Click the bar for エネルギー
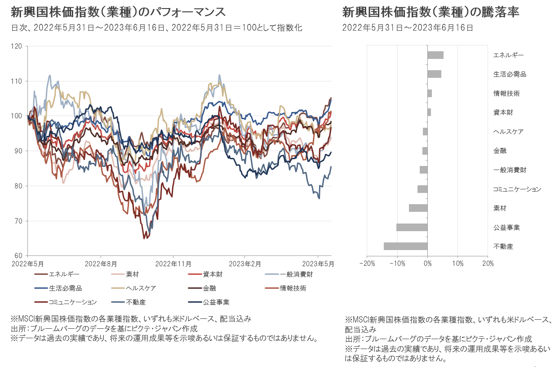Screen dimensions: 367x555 (435, 55)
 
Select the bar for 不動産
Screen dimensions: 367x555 (405, 246)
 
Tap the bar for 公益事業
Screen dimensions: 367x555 (412, 227)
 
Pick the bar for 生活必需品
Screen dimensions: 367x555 (434, 74)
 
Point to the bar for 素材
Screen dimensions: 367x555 (418, 208)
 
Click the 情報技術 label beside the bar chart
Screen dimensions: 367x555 (506, 94)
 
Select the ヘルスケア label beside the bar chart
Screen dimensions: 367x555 (508, 132)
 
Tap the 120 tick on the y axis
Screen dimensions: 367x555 (18, 46)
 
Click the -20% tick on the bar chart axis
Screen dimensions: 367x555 (367, 263)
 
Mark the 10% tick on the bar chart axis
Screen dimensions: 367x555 (457, 263)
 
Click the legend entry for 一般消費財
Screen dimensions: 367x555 (297, 274)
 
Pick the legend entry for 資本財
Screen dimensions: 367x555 (213, 274)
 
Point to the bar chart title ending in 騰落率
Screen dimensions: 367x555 (431, 12)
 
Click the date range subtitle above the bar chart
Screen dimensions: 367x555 (407, 27)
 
